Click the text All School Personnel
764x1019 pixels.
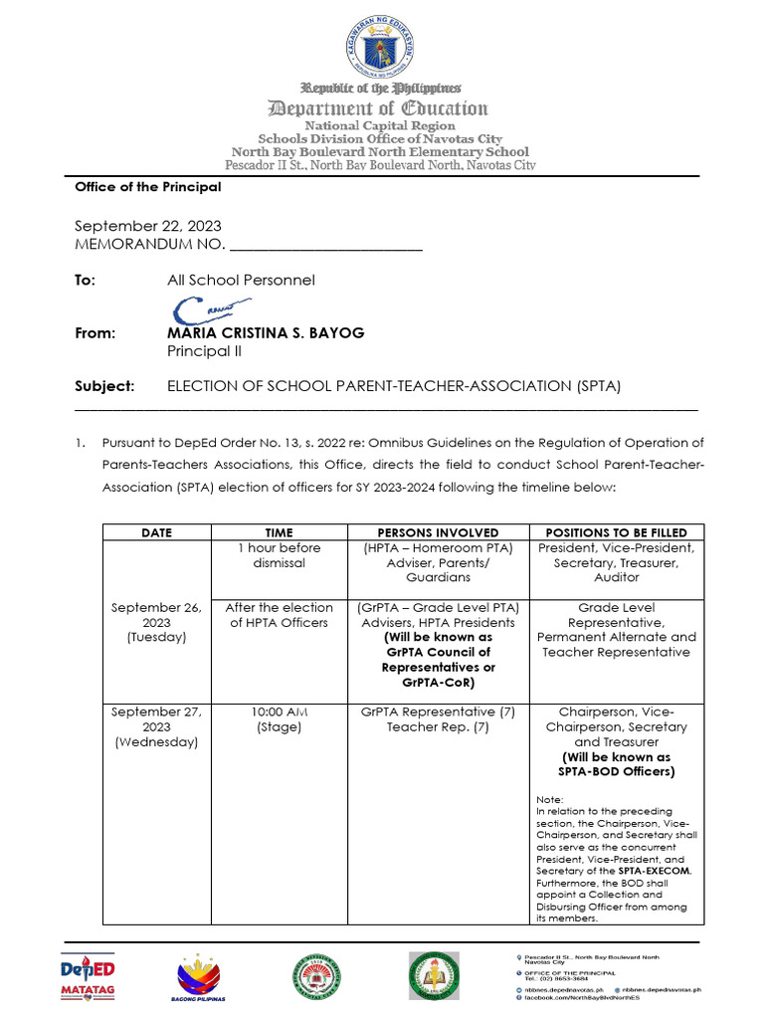[241, 280]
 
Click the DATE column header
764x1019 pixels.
[156, 532]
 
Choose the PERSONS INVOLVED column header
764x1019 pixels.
[438, 532]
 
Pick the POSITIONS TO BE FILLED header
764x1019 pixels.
[616, 532]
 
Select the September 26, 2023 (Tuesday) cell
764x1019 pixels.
[156, 622]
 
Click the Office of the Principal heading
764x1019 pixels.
[148, 187]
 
